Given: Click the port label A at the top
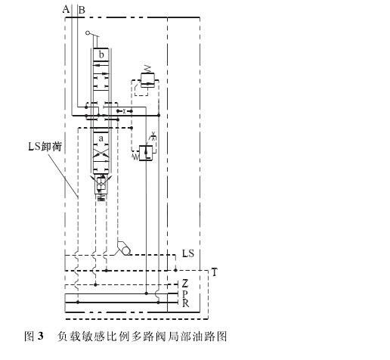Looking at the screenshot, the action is (66, 10).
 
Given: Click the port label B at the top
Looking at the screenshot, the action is (82, 10).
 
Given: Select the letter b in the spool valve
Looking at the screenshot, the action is (101, 54).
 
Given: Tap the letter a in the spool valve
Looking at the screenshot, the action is (101, 138).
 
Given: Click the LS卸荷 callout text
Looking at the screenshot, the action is (45, 147).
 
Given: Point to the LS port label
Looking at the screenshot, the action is (188, 253).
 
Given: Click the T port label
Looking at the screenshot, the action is (214, 272).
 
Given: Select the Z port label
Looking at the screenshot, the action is (185, 284).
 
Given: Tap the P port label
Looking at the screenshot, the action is (185, 294).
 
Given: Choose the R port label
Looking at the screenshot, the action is (185, 303).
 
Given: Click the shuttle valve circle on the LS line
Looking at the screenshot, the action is (126, 250).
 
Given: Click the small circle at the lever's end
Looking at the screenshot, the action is (88, 33).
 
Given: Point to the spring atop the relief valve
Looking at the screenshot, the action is (147, 69).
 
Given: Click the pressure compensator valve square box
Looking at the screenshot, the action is (146, 153).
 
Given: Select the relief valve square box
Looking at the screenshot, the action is (147, 80).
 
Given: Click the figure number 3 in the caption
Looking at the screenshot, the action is (40, 336).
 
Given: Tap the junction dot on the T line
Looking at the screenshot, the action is (107, 271).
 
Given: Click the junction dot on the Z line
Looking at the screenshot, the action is (95, 285).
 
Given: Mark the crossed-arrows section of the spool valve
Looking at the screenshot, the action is (101, 152).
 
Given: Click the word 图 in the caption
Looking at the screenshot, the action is (29, 336).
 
